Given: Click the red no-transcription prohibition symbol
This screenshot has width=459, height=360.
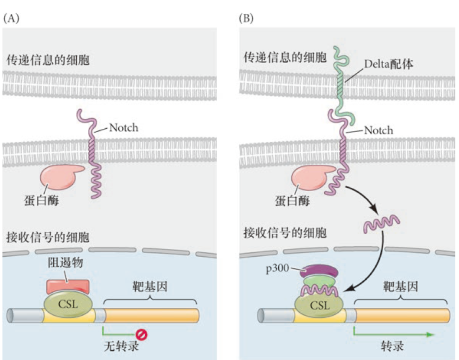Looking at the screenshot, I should pyautogui.click(x=143, y=335).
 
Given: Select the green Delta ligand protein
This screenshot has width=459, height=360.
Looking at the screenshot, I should pyautogui.click(x=342, y=84).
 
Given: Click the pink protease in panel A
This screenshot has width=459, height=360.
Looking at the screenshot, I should pyautogui.click(x=58, y=176).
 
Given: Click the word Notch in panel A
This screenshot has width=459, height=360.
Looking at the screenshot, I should pyautogui.click(x=123, y=128).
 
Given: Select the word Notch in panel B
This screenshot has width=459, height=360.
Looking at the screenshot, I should pyautogui.click(x=378, y=130).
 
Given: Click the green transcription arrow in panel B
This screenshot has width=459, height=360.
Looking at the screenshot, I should pyautogui.click(x=393, y=334).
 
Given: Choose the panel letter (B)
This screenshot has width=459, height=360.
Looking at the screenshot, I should pyautogui.click(x=246, y=18).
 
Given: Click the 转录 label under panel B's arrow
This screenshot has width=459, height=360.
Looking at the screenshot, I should pyautogui.click(x=392, y=347).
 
